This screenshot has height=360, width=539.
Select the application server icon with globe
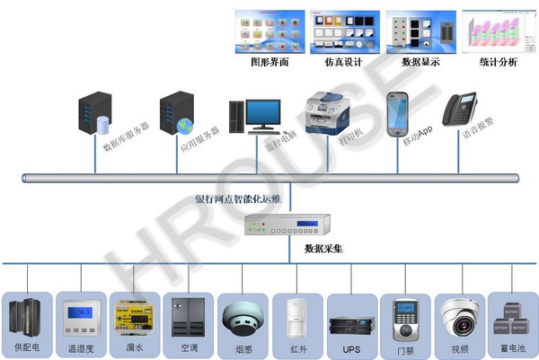176,112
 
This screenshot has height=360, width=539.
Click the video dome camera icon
461,315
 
